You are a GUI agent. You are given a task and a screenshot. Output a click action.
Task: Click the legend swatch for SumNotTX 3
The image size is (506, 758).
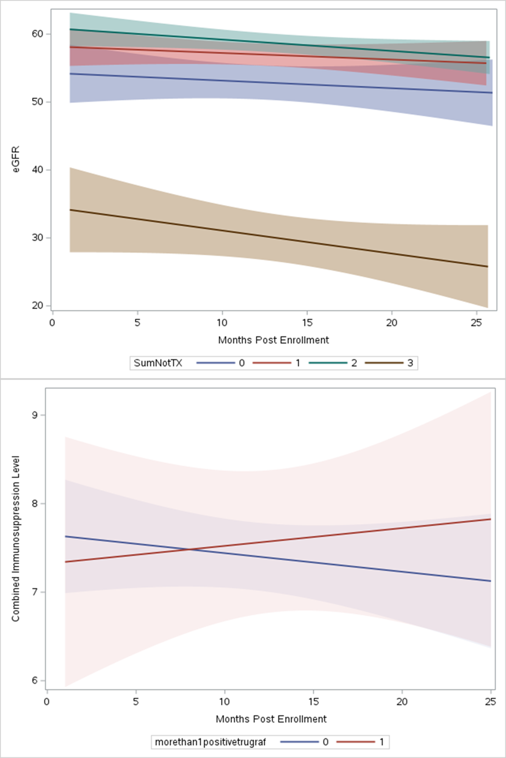(384, 363)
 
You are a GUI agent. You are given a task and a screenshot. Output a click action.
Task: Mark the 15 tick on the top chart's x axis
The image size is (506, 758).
(307, 322)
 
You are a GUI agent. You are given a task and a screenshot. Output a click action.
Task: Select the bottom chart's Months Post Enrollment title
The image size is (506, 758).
(271, 719)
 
